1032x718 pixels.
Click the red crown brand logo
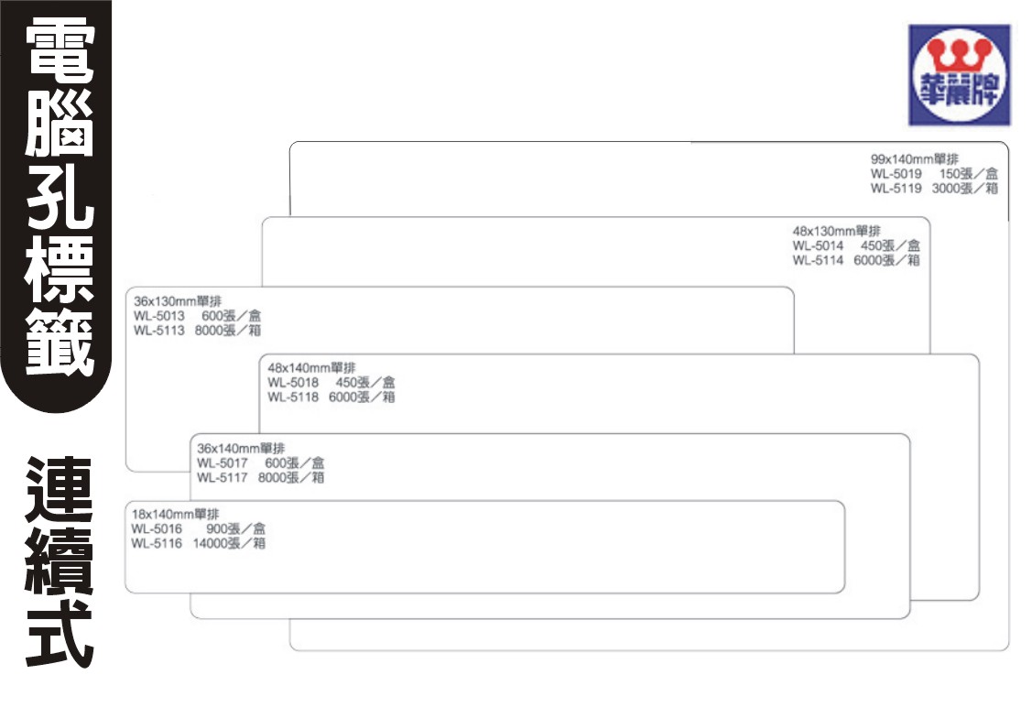pyautogui.click(x=959, y=73)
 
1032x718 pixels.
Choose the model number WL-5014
pyautogui.click(x=818, y=245)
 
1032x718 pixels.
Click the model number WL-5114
pyautogui.click(x=818, y=260)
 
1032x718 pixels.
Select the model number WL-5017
pyautogui.click(x=223, y=462)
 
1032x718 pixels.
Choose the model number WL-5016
pyautogui.click(x=157, y=528)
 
